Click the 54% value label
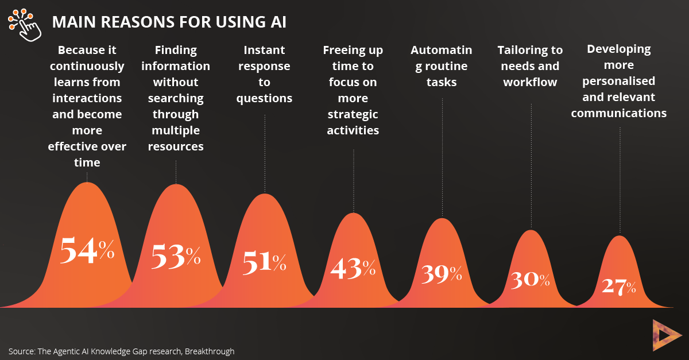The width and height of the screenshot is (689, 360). (x=87, y=250)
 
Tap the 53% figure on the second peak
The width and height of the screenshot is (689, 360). (x=176, y=256)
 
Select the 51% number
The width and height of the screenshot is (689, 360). (x=265, y=262)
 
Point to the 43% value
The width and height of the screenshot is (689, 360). (x=353, y=268)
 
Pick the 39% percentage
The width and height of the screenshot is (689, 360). (x=442, y=274)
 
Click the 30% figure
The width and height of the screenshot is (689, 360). (x=531, y=280)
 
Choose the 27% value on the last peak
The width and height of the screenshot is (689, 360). (x=619, y=287)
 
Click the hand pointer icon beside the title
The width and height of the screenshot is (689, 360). (x=25, y=25)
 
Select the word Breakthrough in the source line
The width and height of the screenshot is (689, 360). (x=210, y=351)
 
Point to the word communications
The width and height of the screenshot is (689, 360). (x=619, y=113)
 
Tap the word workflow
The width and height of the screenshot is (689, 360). (x=531, y=82)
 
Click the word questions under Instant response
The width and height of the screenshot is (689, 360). (x=264, y=99)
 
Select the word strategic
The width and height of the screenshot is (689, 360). (x=353, y=115)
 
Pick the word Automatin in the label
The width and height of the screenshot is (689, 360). (x=442, y=50)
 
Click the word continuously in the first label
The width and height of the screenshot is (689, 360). (x=87, y=67)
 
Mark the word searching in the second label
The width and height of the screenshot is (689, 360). (x=176, y=99)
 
